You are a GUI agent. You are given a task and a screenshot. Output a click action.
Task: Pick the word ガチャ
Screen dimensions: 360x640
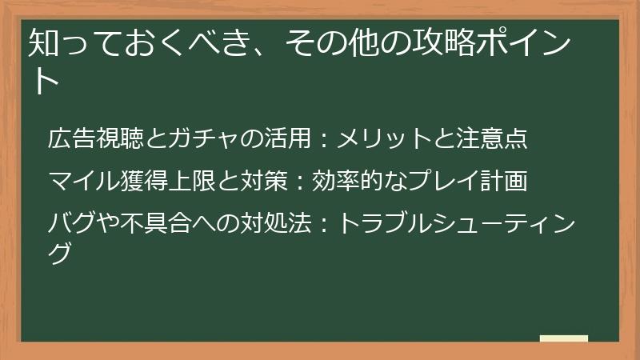pyautogui.click(x=191, y=139)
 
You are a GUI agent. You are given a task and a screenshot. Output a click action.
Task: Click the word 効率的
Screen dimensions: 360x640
pyautogui.click(x=334, y=182)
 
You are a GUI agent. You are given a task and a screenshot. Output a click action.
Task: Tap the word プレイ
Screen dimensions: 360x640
pyautogui.click(x=432, y=182)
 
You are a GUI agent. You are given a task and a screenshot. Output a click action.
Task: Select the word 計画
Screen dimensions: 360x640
pyautogui.click(x=506, y=182)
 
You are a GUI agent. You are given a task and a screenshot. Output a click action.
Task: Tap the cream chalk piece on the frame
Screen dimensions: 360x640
pyautogui.click(x=563, y=339)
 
